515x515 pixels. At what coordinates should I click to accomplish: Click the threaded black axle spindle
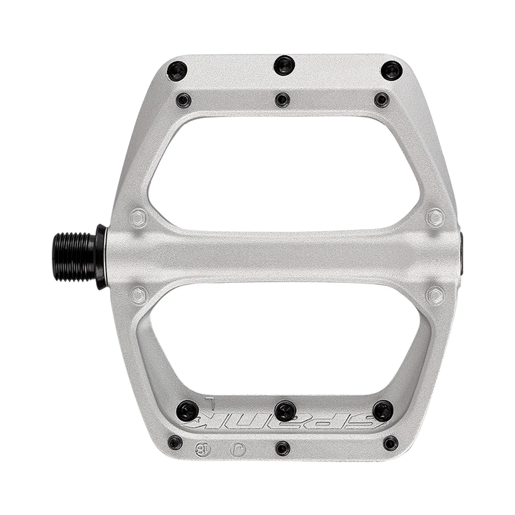click(74, 257)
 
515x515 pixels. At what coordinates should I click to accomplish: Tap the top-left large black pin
click(177, 72)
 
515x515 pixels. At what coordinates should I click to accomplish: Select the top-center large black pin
click(285, 65)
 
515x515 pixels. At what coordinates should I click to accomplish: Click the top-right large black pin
click(391, 71)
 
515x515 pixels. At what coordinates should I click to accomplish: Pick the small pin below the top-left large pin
click(184, 101)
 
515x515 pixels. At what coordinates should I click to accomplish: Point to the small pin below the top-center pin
click(282, 100)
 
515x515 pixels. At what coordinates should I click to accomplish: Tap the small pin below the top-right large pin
click(381, 100)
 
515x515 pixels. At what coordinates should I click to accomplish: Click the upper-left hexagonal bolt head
click(138, 218)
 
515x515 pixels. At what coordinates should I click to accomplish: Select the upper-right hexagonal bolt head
click(435, 217)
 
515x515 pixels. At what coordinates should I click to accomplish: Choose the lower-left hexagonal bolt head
click(138, 295)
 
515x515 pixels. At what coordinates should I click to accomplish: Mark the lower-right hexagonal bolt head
click(435, 295)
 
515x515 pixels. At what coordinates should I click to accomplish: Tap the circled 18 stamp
click(202, 448)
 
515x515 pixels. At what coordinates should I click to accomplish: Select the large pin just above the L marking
click(187, 411)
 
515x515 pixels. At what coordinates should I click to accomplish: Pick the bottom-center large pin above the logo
click(285, 411)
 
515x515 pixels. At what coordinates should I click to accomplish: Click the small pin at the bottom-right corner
click(391, 443)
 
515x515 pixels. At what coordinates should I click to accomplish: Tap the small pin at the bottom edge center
click(282, 448)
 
